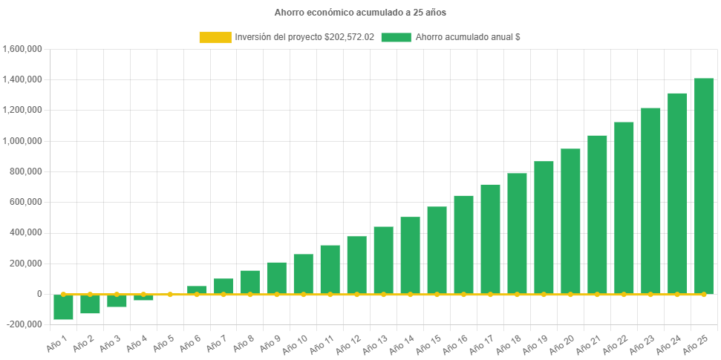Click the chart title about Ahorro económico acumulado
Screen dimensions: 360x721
(x=360, y=13)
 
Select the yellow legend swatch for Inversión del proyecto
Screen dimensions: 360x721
(x=215, y=37)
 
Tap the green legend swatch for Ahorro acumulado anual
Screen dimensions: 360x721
(x=396, y=37)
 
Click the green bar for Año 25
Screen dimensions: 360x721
(x=703, y=186)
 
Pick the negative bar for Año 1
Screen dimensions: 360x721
(x=63, y=307)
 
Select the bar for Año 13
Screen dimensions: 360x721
(x=383, y=260)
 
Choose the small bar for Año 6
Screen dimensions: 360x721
(x=197, y=289)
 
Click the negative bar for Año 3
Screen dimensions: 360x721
(x=117, y=301)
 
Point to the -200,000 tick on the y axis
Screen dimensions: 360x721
(x=23, y=324)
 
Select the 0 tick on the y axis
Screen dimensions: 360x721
(x=39, y=294)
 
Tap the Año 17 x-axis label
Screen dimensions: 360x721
(x=483, y=341)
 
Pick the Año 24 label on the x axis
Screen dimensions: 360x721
(x=670, y=341)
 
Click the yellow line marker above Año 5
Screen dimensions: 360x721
(x=170, y=294)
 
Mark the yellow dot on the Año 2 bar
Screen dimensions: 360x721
(x=90, y=294)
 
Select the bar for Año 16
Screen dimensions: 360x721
(x=463, y=244)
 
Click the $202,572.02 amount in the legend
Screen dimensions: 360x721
(x=349, y=37)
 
